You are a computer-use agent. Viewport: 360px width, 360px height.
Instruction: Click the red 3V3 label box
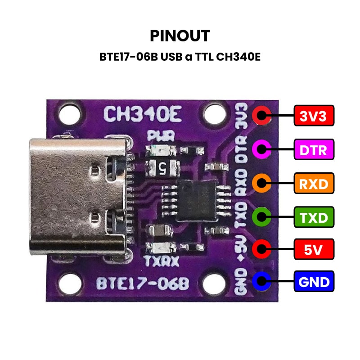tap(314, 116)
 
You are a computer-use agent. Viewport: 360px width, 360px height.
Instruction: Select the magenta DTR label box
tap(314, 149)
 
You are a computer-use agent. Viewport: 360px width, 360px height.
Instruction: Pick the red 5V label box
tap(314, 248)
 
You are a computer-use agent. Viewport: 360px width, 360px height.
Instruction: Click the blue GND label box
tap(314, 282)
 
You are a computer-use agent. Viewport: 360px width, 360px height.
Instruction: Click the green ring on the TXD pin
tap(262, 216)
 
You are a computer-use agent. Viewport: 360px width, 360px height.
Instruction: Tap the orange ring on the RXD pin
tap(262, 183)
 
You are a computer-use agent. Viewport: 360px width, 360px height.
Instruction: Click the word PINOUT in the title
tap(180, 36)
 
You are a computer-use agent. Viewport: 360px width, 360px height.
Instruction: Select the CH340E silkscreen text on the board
tap(143, 114)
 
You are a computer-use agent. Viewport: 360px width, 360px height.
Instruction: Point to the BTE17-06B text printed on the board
tap(143, 284)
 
